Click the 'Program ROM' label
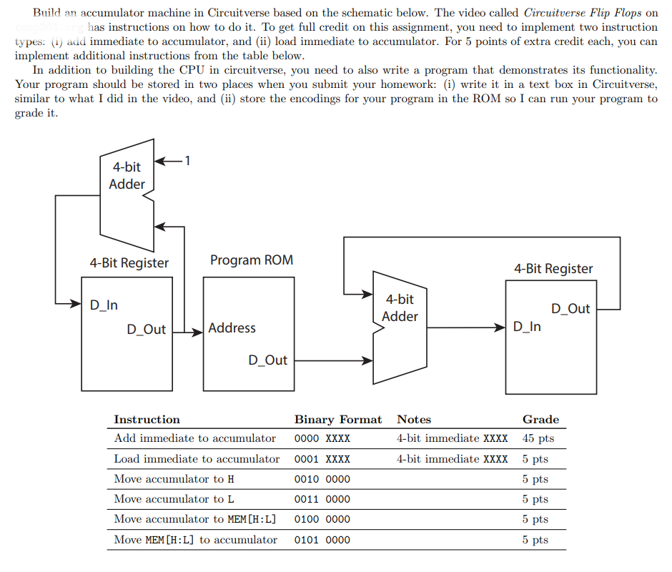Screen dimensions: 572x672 [x=251, y=260]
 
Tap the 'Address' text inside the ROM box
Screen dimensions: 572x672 [x=232, y=328]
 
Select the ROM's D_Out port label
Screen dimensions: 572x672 [x=267, y=360]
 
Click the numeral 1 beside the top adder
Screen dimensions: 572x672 [x=187, y=160]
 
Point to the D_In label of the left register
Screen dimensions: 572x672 [x=104, y=305]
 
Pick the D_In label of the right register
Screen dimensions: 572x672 [x=527, y=327]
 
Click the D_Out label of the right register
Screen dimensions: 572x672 [x=570, y=309]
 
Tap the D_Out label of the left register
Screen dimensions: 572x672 [x=146, y=330]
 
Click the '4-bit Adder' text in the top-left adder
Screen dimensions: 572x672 [x=127, y=175]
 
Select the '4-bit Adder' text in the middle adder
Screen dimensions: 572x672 [x=400, y=307]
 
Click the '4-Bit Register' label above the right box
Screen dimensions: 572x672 [x=553, y=269]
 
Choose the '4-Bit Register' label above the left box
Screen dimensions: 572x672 [x=129, y=263]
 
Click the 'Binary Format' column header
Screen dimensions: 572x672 [x=338, y=420]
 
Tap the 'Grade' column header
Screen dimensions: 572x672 [x=540, y=420]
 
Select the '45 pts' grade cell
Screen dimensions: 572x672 [x=538, y=438]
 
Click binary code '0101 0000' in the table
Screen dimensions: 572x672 [x=322, y=540]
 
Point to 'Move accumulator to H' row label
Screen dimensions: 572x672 [x=174, y=479]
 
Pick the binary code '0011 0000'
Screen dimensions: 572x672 [x=322, y=499]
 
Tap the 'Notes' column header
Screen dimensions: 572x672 [x=414, y=420]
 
